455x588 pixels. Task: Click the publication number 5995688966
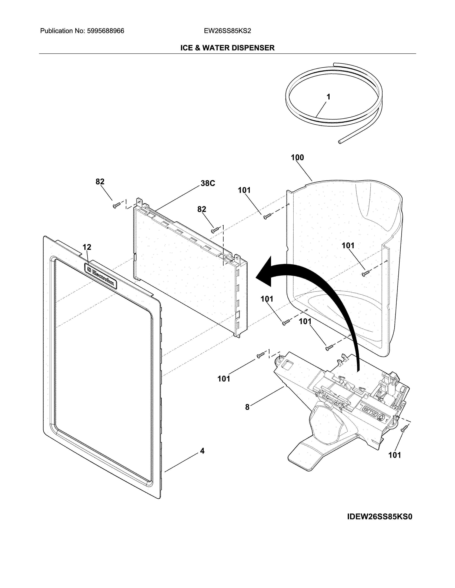[105, 31]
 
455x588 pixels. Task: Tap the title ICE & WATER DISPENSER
[227, 48]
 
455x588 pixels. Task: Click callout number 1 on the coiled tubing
[328, 97]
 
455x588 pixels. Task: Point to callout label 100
[297, 158]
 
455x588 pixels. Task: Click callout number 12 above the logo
[87, 247]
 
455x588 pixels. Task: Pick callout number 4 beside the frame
[202, 451]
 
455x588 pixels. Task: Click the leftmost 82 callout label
[100, 182]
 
